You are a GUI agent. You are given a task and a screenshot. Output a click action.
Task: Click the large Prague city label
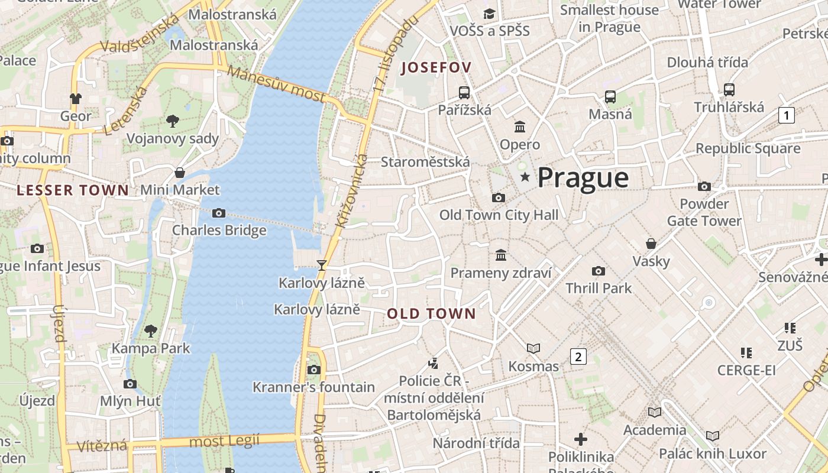pyautogui.click(x=583, y=177)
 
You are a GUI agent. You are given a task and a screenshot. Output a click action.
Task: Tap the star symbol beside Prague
pyautogui.click(x=525, y=177)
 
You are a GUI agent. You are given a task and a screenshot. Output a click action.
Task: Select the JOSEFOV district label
pyautogui.click(x=436, y=68)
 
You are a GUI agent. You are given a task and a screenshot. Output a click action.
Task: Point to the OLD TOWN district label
pyautogui.click(x=431, y=314)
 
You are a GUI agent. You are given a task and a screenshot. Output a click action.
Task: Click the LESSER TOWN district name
pyautogui.click(x=73, y=190)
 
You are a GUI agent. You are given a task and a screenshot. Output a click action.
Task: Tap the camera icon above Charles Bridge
pyautogui.click(x=219, y=213)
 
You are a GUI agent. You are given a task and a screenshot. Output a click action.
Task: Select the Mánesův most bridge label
pyautogui.click(x=276, y=83)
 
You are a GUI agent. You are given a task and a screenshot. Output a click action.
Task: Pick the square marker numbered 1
pyautogui.click(x=786, y=115)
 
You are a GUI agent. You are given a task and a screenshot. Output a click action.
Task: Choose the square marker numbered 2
pyautogui.click(x=578, y=357)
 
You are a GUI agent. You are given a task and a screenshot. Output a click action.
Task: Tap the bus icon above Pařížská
pyautogui.click(x=464, y=93)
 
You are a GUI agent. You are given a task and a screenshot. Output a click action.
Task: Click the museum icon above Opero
pyautogui.click(x=520, y=127)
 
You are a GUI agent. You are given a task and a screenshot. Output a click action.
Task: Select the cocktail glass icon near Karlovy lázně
pyautogui.click(x=321, y=265)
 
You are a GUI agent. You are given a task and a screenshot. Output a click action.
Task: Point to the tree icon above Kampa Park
pyautogui.click(x=151, y=331)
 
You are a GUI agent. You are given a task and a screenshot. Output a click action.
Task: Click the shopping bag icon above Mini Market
pyautogui.click(x=180, y=173)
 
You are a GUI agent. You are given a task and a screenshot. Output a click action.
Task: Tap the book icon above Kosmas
pyautogui.click(x=533, y=349)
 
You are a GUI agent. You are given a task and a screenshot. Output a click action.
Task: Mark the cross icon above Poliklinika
pyautogui.click(x=581, y=439)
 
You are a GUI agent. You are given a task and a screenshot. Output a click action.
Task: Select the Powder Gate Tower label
pyautogui.click(x=704, y=212)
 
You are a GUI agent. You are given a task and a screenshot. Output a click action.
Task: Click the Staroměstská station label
pyautogui.click(x=425, y=162)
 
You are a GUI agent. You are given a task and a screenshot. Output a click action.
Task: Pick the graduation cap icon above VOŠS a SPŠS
pyautogui.click(x=489, y=14)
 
